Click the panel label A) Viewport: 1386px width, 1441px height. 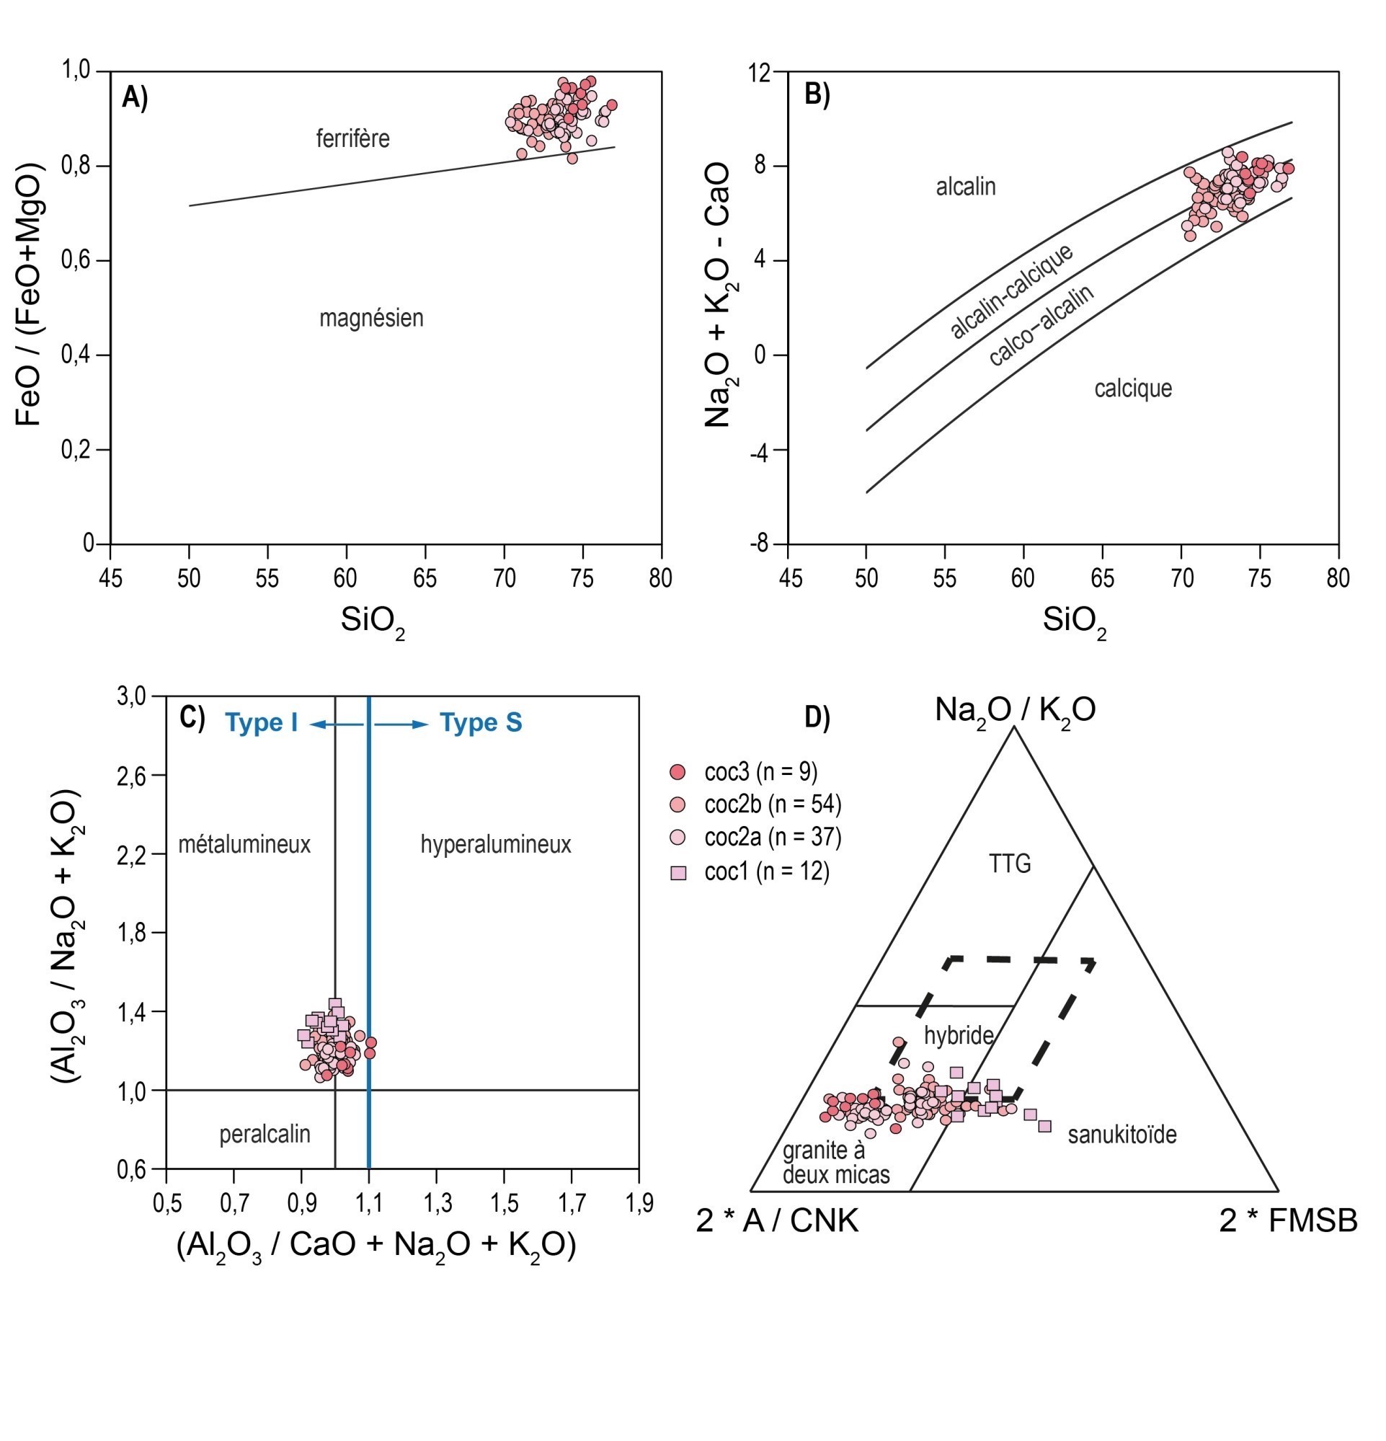coord(135,98)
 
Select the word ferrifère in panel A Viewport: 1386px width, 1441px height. coord(353,138)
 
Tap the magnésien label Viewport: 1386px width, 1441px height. coord(371,319)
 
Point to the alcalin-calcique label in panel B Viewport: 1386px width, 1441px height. coord(1012,292)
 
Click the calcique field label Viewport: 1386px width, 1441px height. coord(1132,389)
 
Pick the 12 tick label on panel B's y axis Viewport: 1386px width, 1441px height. coord(760,73)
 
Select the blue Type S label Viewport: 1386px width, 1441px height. coord(481,724)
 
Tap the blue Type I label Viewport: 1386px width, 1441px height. coord(262,724)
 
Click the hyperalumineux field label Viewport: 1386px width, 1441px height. coord(496,844)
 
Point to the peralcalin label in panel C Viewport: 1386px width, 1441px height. coord(265,1135)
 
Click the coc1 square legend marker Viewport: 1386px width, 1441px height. coord(679,873)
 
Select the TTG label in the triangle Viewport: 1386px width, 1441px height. coord(1010,864)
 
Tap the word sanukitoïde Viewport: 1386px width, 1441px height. coord(1122,1135)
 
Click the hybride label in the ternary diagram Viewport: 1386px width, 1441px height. coord(959,1036)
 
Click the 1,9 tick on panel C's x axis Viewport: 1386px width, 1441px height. coord(638,1204)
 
